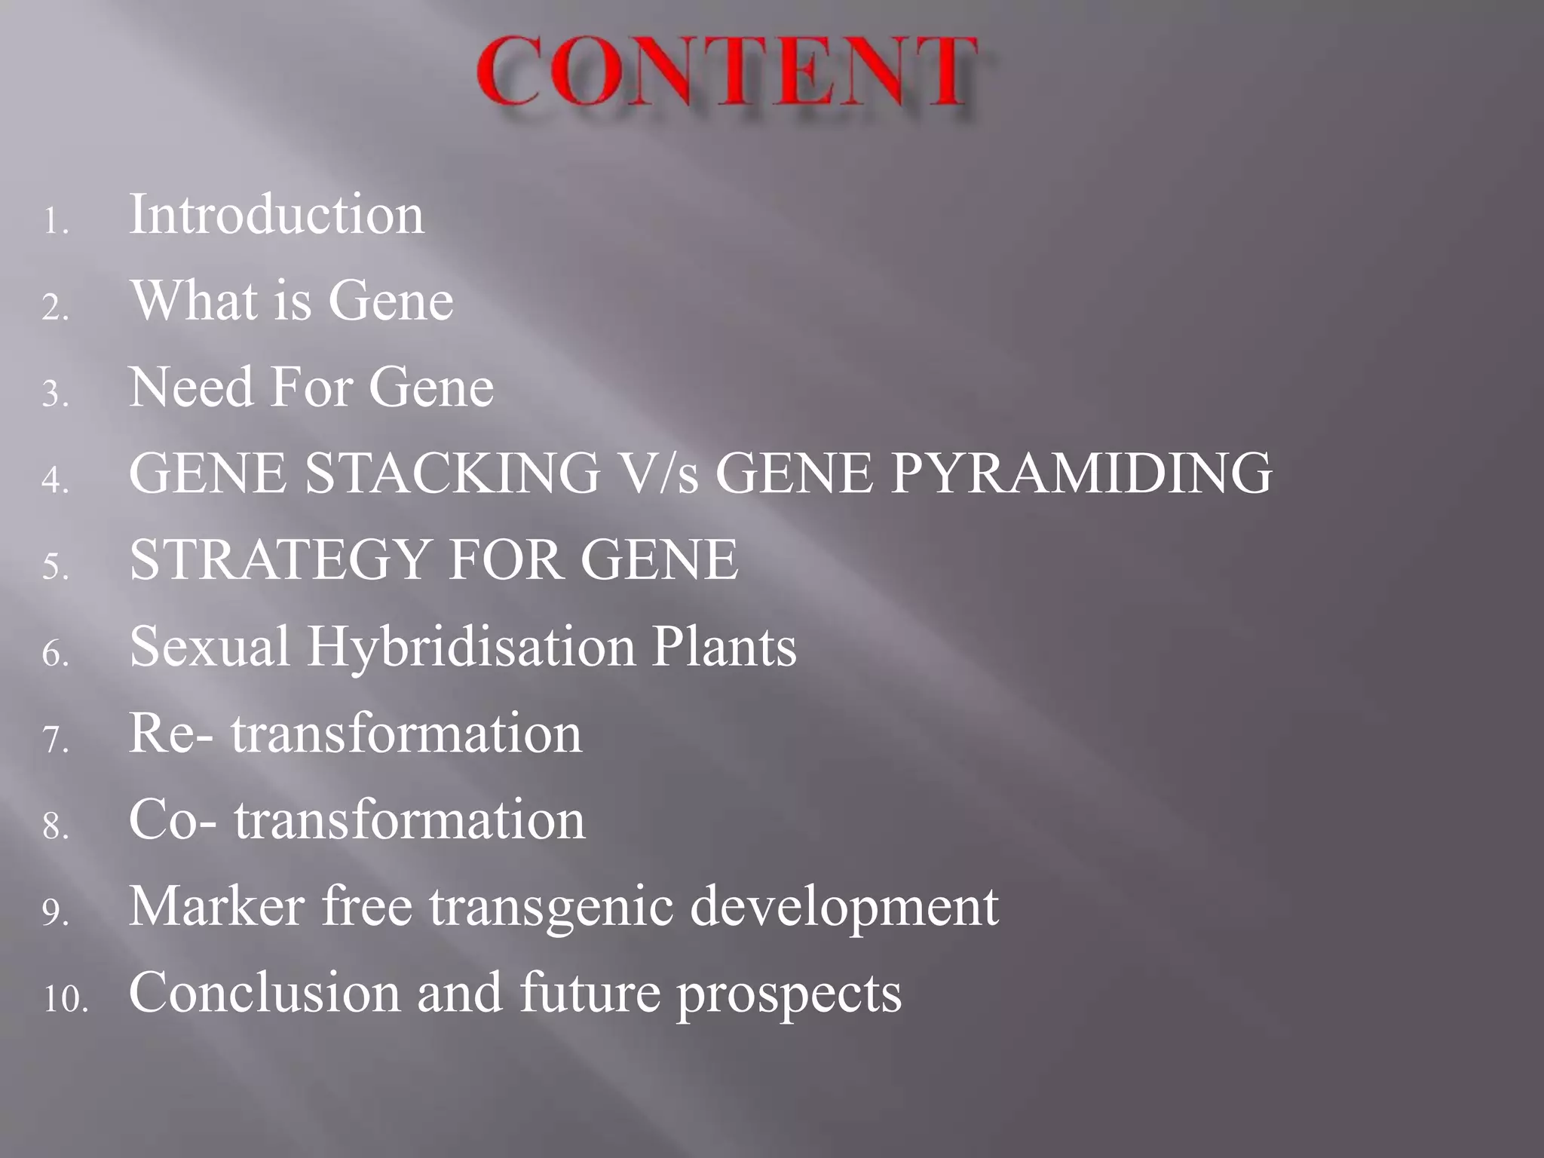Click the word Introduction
click(277, 216)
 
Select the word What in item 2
click(194, 302)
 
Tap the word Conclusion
click(264, 994)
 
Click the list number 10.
click(65, 1000)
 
